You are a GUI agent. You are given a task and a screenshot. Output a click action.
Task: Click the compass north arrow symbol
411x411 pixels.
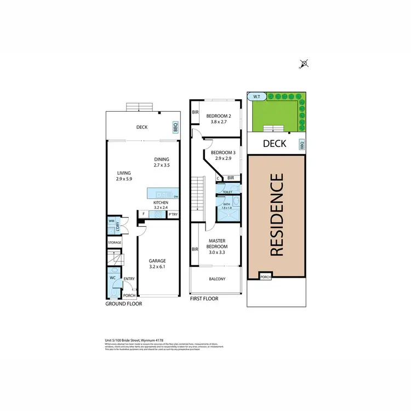point(304,64)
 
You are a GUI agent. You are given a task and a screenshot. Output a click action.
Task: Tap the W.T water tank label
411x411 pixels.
point(256,96)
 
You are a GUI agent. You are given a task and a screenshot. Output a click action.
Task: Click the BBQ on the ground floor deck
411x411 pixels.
point(176,127)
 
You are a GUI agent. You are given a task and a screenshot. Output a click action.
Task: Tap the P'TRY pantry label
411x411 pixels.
point(173,214)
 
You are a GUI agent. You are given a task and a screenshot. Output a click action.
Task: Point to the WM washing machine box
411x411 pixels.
point(111,221)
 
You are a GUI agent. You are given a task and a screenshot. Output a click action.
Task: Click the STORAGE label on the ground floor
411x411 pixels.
point(115,242)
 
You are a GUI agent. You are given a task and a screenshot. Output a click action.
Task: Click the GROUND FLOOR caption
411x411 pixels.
point(124,303)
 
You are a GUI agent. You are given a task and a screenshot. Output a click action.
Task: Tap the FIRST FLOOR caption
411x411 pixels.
point(204,299)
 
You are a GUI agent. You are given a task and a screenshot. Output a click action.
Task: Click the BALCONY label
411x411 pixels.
point(217,279)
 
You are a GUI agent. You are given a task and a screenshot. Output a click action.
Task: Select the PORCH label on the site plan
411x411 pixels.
point(265,276)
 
